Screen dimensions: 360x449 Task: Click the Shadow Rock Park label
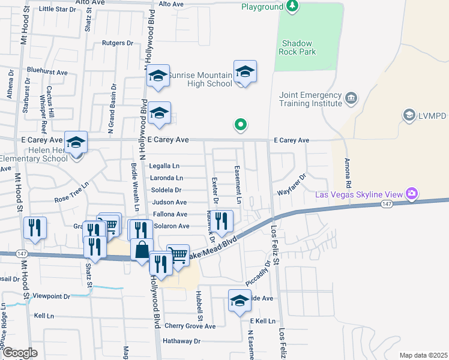click(x=298, y=47)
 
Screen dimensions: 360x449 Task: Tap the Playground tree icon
click(x=292, y=7)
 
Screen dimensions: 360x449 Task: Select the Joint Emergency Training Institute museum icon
click(x=351, y=97)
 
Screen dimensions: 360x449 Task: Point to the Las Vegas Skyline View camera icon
click(x=412, y=193)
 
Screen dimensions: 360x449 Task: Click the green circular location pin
click(x=241, y=125)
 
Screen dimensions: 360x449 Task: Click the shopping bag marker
click(x=142, y=249)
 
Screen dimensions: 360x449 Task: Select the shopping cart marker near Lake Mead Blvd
click(x=178, y=255)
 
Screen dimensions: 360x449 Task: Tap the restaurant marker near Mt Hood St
click(x=34, y=228)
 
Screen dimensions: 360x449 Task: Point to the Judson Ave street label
click(x=169, y=202)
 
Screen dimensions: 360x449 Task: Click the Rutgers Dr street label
click(x=117, y=43)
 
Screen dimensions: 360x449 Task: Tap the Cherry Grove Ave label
click(x=190, y=326)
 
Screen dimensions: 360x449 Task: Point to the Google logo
click(x=19, y=353)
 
